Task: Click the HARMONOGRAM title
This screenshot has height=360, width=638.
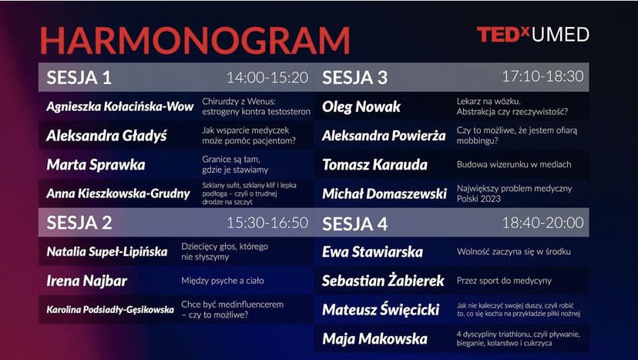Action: click(195, 41)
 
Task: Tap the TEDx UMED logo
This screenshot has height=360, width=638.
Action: click(533, 35)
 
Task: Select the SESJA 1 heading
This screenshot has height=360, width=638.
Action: click(79, 77)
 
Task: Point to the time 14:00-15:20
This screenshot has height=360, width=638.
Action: click(267, 77)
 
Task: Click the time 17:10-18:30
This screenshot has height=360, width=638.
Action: click(542, 76)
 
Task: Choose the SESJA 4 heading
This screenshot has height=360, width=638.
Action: click(354, 224)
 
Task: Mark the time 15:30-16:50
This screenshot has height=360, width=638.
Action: click(267, 223)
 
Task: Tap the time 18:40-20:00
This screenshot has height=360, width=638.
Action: click(542, 223)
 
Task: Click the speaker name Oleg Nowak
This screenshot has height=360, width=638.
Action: click(361, 107)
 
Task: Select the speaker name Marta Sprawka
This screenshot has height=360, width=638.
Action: click(96, 165)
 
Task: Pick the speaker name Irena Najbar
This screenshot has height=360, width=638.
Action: click(86, 281)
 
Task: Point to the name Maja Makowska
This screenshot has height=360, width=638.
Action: click(374, 339)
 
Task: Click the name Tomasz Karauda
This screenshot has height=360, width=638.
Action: click(374, 165)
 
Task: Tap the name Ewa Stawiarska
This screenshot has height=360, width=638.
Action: click(372, 251)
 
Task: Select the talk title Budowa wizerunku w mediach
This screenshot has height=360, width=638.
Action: click(514, 164)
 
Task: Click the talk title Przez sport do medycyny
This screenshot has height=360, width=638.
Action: click(504, 281)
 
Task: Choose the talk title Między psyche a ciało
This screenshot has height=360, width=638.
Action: click(223, 281)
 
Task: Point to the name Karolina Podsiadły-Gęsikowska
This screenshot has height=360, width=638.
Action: click(110, 310)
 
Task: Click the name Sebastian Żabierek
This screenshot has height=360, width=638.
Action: click(383, 281)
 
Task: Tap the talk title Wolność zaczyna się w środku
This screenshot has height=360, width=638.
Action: click(513, 251)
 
